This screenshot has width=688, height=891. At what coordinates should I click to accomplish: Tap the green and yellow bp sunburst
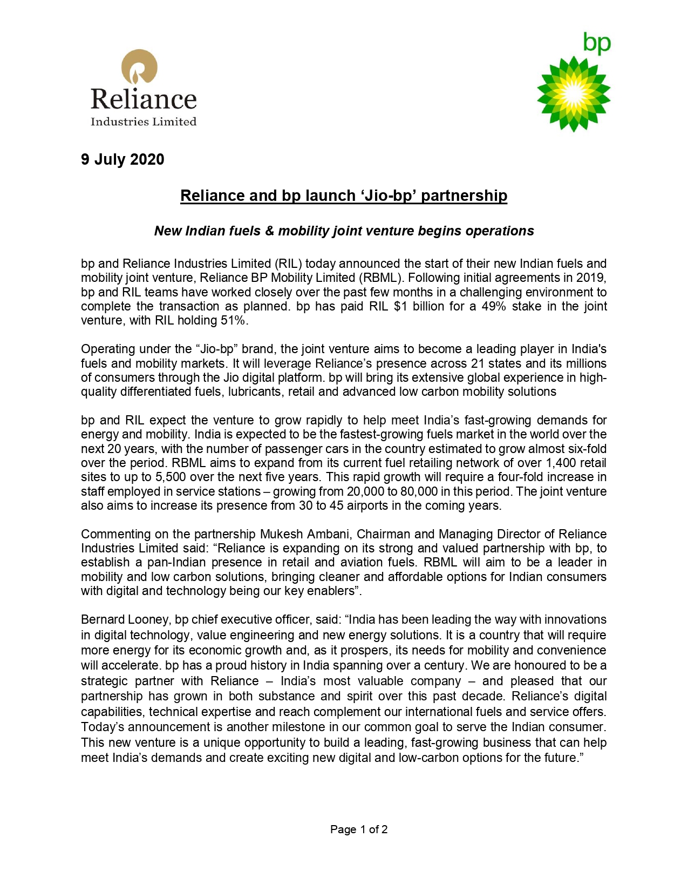pyautogui.click(x=574, y=95)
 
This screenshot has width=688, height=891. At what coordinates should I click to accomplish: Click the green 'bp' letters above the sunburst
pyautogui.click(x=597, y=43)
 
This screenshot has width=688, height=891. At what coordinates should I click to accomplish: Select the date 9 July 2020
pyautogui.click(x=122, y=160)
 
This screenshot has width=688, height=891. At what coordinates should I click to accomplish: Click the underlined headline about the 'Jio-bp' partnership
pyautogui.click(x=344, y=195)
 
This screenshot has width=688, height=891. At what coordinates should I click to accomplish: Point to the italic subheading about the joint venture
pyautogui.click(x=344, y=231)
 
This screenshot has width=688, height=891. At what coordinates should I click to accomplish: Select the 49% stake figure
pyautogui.click(x=493, y=307)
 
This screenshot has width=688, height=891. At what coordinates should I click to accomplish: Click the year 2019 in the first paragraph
pyautogui.click(x=592, y=278)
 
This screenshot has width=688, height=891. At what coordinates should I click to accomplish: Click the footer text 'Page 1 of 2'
pyautogui.click(x=359, y=829)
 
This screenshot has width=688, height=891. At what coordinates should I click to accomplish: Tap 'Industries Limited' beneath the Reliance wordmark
pyautogui.click(x=144, y=122)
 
